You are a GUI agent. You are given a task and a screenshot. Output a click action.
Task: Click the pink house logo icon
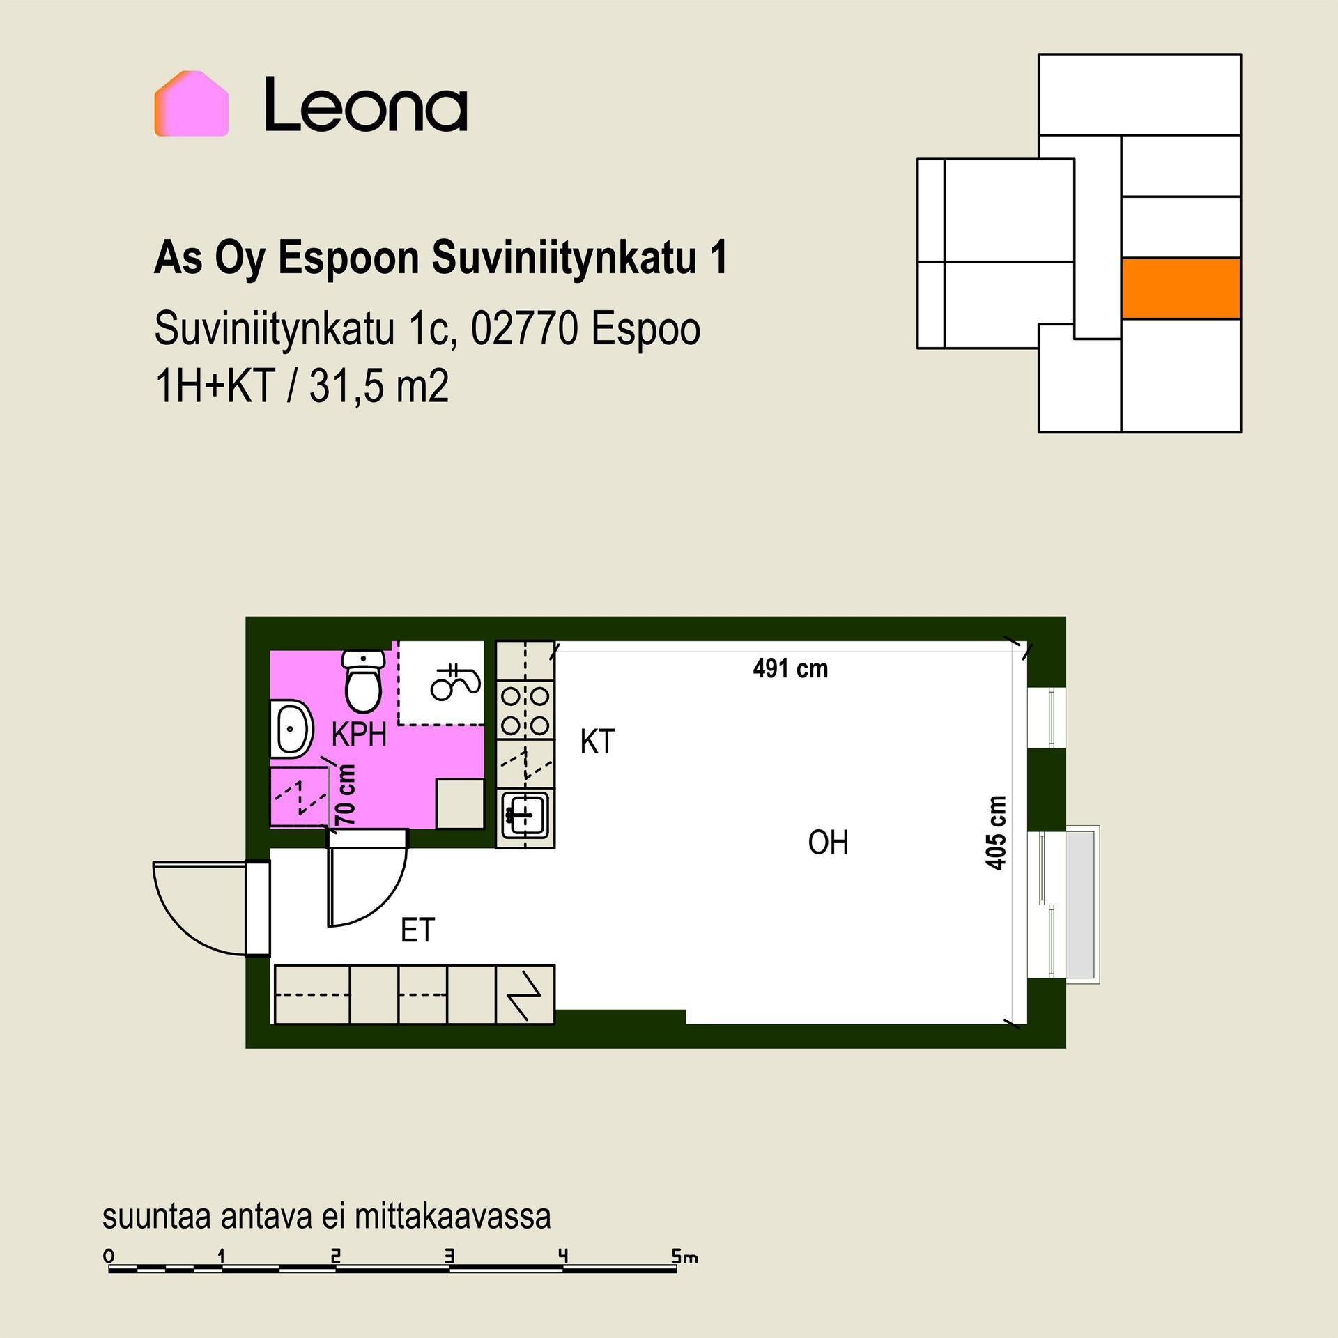pyautogui.click(x=191, y=103)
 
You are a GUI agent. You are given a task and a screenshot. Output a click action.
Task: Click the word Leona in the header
pyautogui.click(x=365, y=105)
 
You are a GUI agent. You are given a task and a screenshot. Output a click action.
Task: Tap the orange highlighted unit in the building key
pyautogui.click(x=1181, y=289)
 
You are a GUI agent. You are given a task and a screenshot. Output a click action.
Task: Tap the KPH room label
pyautogui.click(x=359, y=735)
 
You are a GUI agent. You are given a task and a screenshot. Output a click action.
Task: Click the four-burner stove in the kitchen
pyautogui.click(x=525, y=709)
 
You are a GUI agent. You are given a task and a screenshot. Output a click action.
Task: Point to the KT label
pyautogui.click(x=597, y=741)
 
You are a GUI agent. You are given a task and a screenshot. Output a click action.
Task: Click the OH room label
pyautogui.click(x=828, y=843)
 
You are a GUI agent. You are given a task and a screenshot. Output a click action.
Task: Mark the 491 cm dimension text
pyautogui.click(x=790, y=669)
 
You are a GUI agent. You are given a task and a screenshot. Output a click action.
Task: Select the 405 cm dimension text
pyautogui.click(x=997, y=833)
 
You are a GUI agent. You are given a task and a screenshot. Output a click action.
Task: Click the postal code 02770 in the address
pyautogui.click(x=525, y=329)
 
